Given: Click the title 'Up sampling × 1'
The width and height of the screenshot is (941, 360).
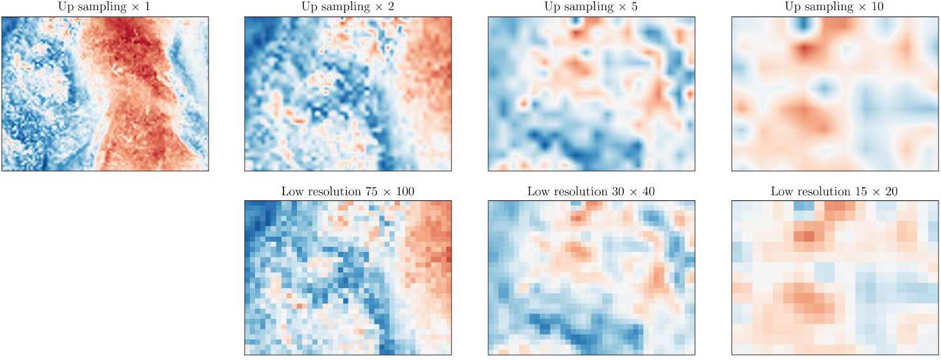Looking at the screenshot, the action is coord(104,7).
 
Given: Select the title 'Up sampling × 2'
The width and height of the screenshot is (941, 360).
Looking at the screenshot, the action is coord(347,7).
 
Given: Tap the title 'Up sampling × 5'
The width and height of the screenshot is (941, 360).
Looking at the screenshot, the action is coord(591,7).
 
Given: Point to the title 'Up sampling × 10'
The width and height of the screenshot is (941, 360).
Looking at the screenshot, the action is coord(834,7).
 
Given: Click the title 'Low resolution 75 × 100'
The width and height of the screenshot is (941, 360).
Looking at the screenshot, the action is coord(348,191).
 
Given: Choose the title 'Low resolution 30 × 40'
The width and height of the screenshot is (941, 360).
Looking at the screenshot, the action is coord(591,191).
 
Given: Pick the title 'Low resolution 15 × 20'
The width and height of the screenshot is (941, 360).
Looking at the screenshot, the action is coord(834,191).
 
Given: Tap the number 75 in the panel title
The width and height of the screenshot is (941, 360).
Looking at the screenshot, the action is coord(371,191).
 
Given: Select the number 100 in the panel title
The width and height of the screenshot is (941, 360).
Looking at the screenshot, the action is coord(404,191).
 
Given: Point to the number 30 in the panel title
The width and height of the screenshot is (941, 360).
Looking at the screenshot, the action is coord(617,191).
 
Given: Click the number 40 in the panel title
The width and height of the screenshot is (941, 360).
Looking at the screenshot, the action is coord(648,191).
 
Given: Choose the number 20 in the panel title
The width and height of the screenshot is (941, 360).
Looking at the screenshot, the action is coord(891,191).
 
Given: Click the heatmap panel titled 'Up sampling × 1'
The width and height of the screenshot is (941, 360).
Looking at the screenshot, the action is coord(105,93).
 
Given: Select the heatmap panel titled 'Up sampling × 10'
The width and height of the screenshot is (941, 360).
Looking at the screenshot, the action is coord(835,93).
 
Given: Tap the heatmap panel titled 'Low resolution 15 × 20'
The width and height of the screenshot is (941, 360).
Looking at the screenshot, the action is coord(835,278).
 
